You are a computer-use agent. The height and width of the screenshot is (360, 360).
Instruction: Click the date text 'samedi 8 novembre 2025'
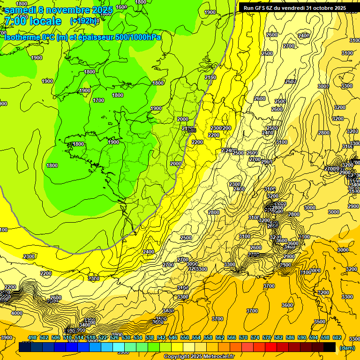click(x=59, y=10)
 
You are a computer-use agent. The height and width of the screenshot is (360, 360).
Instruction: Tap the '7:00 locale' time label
click(x=33, y=21)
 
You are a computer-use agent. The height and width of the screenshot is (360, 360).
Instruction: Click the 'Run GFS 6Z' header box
click(x=292, y=8)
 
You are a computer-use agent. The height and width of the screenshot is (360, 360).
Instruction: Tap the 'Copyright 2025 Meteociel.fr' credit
click(x=199, y=356)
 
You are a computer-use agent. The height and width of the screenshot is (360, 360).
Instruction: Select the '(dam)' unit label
click(x=347, y=348)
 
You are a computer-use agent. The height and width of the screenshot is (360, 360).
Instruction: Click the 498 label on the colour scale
click(x=32, y=338)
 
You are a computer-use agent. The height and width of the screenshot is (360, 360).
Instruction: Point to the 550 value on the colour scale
click(x=185, y=338)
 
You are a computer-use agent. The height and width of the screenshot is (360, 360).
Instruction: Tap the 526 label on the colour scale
click(x=114, y=338)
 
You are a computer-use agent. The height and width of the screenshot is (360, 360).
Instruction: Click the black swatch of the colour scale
click(x=330, y=347)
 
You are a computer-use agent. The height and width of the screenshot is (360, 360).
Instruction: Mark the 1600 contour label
click(x=121, y=7)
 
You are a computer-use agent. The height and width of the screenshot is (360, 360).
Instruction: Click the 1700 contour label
click(x=98, y=100)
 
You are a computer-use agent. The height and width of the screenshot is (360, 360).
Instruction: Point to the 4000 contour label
click(x=16, y=313)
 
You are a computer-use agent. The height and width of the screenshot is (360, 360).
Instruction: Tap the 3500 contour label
click(x=320, y=322)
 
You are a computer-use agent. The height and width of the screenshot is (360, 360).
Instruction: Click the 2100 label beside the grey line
click(x=210, y=77)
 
